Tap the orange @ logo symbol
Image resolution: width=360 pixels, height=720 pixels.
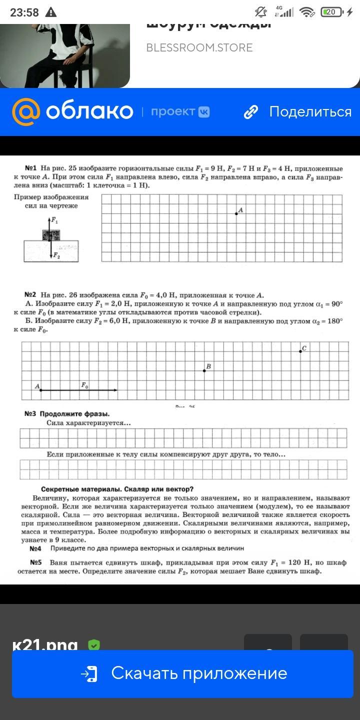(26, 111)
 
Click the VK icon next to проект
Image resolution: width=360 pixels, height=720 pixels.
(204, 112)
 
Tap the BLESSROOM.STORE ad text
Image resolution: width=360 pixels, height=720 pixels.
(199, 48)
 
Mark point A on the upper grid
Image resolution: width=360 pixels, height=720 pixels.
(236, 213)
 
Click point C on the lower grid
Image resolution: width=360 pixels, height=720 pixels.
(300, 351)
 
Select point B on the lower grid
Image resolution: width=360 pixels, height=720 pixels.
(204, 370)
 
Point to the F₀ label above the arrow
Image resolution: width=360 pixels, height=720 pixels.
(85, 384)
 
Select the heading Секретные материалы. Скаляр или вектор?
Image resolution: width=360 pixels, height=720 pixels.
(117, 489)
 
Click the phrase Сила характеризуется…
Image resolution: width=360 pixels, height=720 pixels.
(88, 423)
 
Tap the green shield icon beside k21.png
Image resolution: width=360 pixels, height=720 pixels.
(93, 645)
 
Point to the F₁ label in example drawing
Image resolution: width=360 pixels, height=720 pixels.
(55, 220)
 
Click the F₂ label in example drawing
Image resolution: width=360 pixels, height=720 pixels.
(56, 256)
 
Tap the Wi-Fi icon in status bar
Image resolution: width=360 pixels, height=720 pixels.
(307, 12)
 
